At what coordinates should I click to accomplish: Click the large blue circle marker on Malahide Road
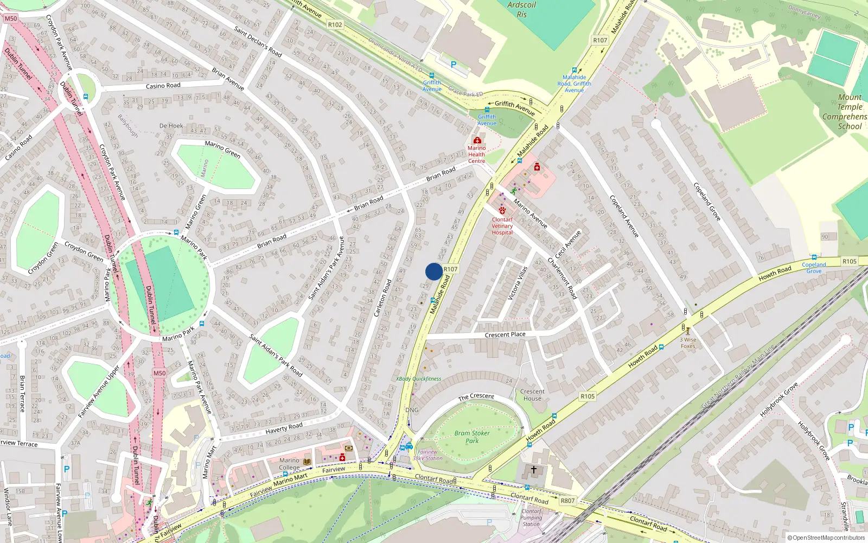tap(434, 271)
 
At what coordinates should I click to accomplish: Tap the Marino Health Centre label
tap(476, 154)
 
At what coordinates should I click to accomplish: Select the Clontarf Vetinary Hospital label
tap(502, 226)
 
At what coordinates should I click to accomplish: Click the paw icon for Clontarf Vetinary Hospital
tap(502, 210)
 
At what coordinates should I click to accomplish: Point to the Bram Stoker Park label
tap(472, 437)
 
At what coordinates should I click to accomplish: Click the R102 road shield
tap(335, 24)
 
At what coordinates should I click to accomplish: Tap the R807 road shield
tap(567, 501)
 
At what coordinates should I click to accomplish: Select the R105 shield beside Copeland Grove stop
tap(850, 261)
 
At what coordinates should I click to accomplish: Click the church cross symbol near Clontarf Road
tap(533, 470)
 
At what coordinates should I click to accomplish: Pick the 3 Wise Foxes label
tap(688, 343)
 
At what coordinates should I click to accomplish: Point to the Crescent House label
tap(532, 395)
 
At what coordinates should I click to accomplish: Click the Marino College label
tap(289, 464)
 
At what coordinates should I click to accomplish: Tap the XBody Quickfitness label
tap(418, 378)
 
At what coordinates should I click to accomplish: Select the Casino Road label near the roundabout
tap(163, 86)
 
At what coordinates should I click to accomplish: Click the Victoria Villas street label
tap(518, 283)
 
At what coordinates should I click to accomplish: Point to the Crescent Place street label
tap(505, 334)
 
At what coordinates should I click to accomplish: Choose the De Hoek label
tap(171, 125)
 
